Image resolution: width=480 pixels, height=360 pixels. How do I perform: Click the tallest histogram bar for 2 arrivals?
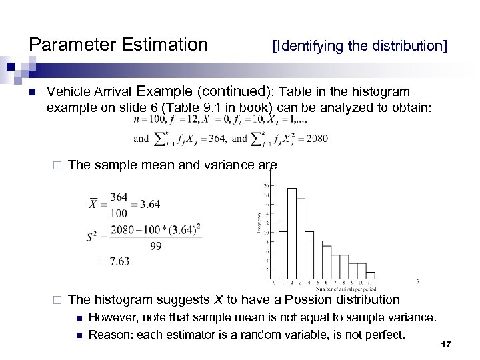291,233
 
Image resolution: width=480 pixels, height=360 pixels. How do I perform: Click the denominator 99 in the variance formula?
155,245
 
